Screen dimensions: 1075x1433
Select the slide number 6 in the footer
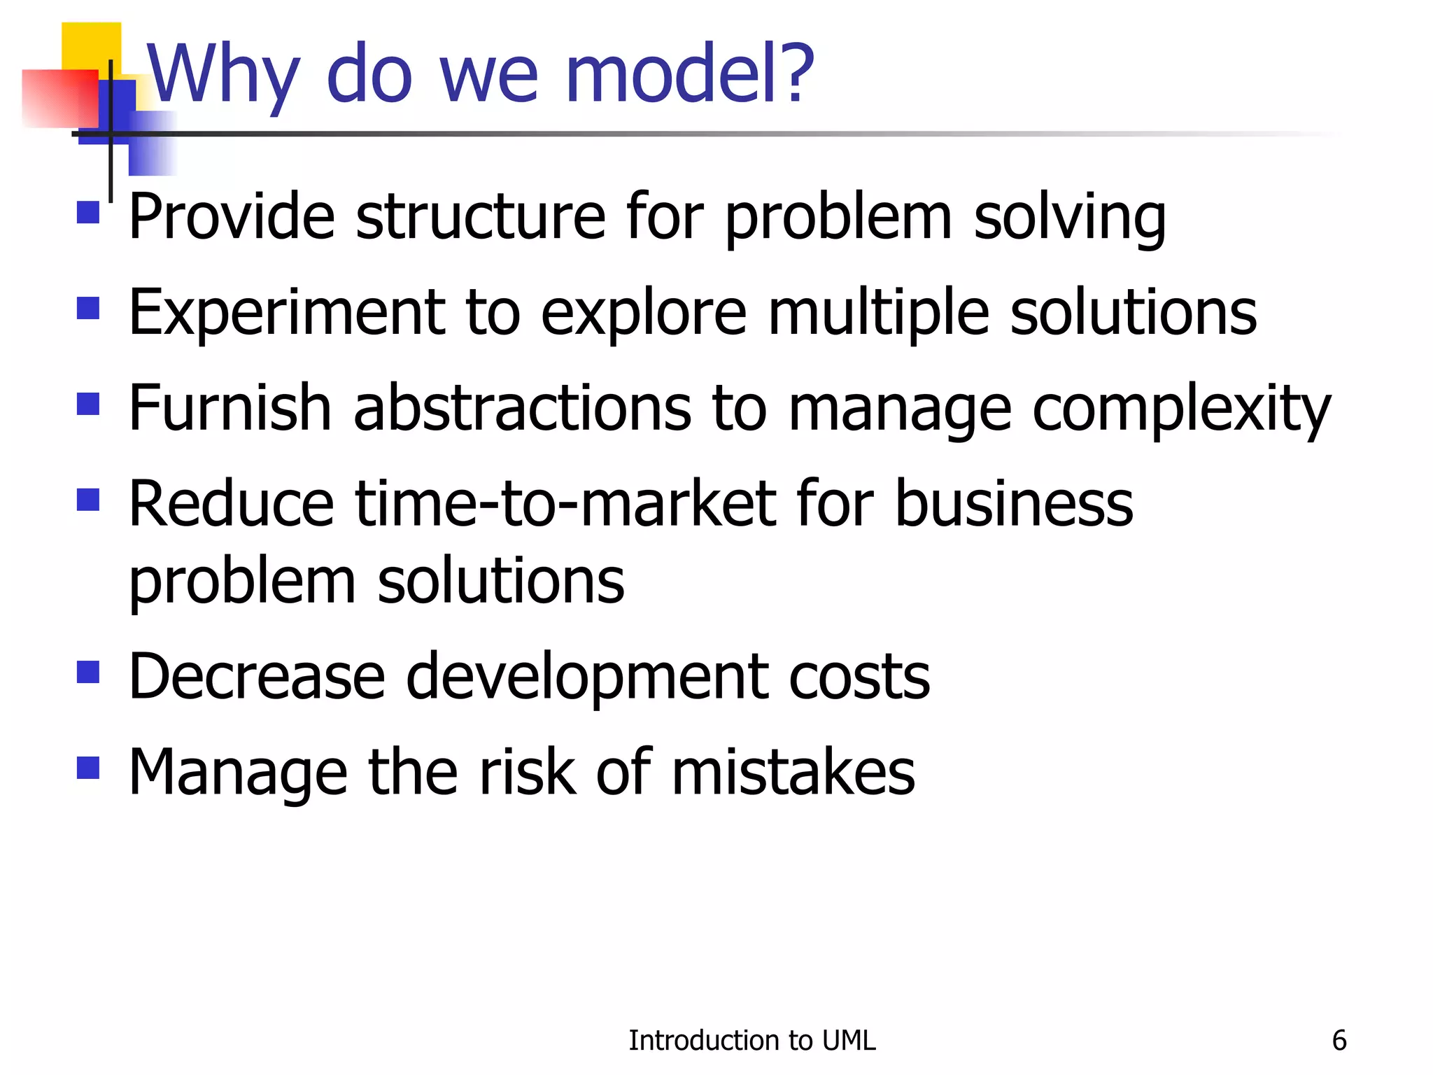[1339, 1041]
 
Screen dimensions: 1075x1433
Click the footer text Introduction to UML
[751, 1041]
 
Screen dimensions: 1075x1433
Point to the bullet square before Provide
[88, 213]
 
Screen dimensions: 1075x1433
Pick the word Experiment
[287, 313]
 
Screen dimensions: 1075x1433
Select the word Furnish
[230, 409]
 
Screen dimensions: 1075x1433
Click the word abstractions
[522, 409]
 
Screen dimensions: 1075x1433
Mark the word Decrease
[257, 677]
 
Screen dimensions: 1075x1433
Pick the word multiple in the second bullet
[879, 313]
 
